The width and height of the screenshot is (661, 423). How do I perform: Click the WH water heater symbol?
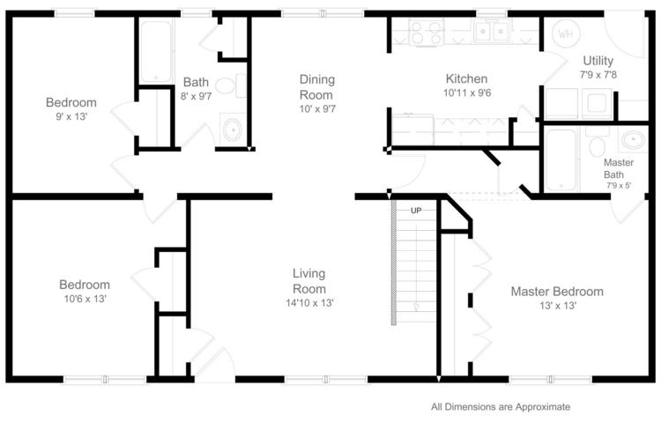click(x=565, y=33)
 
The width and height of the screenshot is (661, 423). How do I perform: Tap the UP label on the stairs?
click(x=416, y=211)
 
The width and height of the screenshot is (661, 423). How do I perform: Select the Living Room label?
click(x=309, y=281)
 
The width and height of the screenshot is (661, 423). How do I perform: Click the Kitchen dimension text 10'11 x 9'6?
click(x=467, y=93)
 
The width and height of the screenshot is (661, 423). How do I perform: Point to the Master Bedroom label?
click(x=557, y=292)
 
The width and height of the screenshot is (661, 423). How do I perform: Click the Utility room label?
click(x=598, y=61)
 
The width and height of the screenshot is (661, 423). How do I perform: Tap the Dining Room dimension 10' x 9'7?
click(x=317, y=108)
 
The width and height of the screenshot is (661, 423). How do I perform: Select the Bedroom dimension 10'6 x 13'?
click(x=85, y=299)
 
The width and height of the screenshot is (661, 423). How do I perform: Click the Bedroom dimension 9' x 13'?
click(x=71, y=116)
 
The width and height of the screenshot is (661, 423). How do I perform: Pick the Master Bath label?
click(x=619, y=168)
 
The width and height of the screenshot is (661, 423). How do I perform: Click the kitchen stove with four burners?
click(x=426, y=32)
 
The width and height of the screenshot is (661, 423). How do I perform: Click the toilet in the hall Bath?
click(x=231, y=85)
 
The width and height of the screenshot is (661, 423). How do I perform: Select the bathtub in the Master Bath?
click(x=561, y=160)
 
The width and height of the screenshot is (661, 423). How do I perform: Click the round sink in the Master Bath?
click(x=633, y=139)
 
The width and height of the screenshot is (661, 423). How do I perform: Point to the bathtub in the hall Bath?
click(x=156, y=51)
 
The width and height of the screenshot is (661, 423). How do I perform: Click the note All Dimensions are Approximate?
click(x=501, y=407)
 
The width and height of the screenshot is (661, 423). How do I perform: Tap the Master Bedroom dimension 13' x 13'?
click(x=558, y=306)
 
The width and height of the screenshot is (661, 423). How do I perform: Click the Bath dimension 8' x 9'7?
click(x=196, y=96)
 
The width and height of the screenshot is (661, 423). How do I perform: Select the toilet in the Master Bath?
click(x=597, y=144)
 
